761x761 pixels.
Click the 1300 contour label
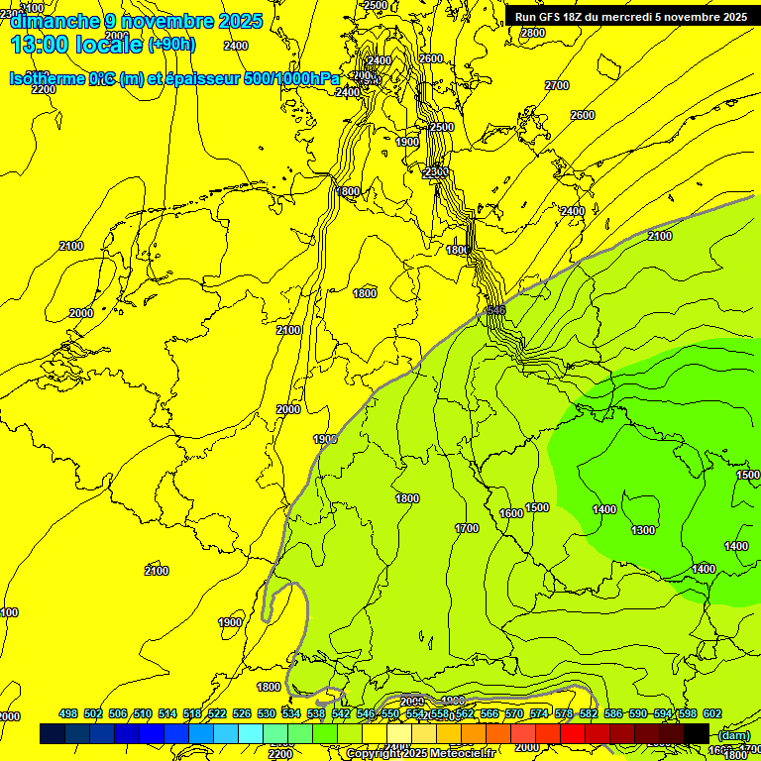[x=643, y=530]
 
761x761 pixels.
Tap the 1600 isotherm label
[x=511, y=513]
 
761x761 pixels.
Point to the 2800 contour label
[x=533, y=33]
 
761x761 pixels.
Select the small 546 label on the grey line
[x=495, y=310]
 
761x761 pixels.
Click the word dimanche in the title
[x=51, y=21]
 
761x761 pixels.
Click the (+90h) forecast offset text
[x=171, y=45]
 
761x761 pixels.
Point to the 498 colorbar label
[x=68, y=713]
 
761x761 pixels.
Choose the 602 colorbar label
[x=711, y=713]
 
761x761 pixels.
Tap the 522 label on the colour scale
[x=217, y=713]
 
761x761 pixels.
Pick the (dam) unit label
[x=733, y=735]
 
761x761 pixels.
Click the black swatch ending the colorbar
[x=697, y=733]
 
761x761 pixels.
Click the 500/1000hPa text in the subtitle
[x=291, y=78]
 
